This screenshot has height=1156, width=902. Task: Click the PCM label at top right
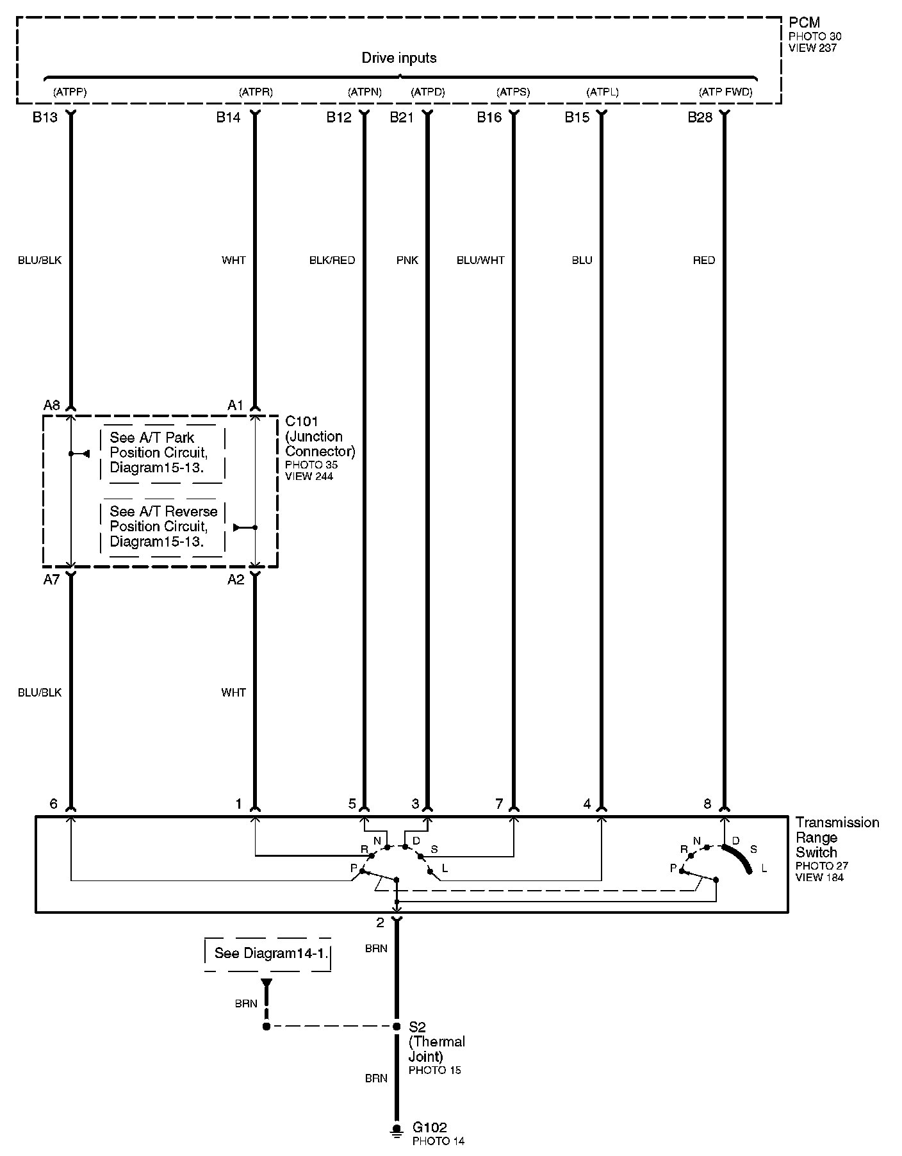tap(804, 23)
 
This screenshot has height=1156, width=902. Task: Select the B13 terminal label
tap(45, 117)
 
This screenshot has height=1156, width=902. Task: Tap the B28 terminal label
tap(700, 117)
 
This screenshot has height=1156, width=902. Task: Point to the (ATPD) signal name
tap(427, 92)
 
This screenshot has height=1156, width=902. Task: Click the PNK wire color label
tap(407, 260)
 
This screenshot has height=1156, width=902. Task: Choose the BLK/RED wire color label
tap(332, 260)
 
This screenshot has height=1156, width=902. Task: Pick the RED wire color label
tap(703, 260)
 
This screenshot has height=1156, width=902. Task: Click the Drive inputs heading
tap(399, 58)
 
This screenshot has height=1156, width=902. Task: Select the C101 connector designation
tap(302, 422)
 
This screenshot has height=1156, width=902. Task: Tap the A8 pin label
tap(51, 405)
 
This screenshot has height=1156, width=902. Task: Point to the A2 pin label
tap(236, 579)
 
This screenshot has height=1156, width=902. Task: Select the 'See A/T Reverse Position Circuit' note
tap(163, 526)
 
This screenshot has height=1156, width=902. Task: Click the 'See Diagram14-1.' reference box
tap(267, 954)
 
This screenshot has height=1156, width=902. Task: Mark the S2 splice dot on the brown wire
tap(397, 1026)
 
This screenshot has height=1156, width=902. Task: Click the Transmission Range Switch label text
tap(837, 837)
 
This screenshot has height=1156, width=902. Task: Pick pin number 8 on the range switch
tap(707, 804)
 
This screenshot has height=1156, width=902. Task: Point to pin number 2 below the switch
tap(380, 923)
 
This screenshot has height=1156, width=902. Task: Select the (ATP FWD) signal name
tap(725, 92)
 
